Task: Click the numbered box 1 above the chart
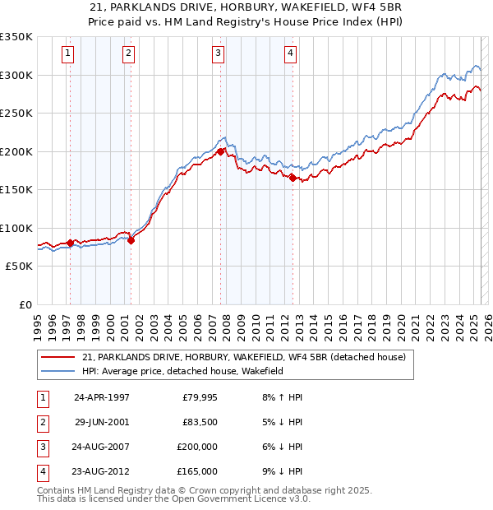tap(67, 54)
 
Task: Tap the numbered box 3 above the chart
tap(218, 54)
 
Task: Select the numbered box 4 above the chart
tap(291, 54)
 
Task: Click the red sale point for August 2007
tap(221, 151)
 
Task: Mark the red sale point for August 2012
tap(293, 178)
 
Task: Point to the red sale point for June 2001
tap(131, 240)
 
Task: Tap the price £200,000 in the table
tap(197, 447)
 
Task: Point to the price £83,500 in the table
tap(200, 423)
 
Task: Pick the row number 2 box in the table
tap(41, 423)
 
